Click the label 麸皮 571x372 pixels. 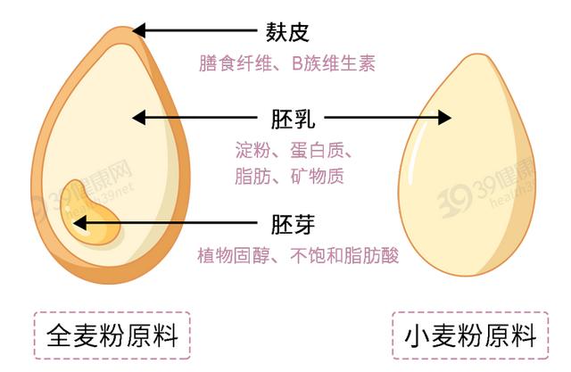point(286,33)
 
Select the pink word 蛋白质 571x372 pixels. point(313,147)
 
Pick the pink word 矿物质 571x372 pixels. point(313,176)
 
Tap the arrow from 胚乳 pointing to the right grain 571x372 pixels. point(388,117)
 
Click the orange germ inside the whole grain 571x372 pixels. point(93,227)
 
